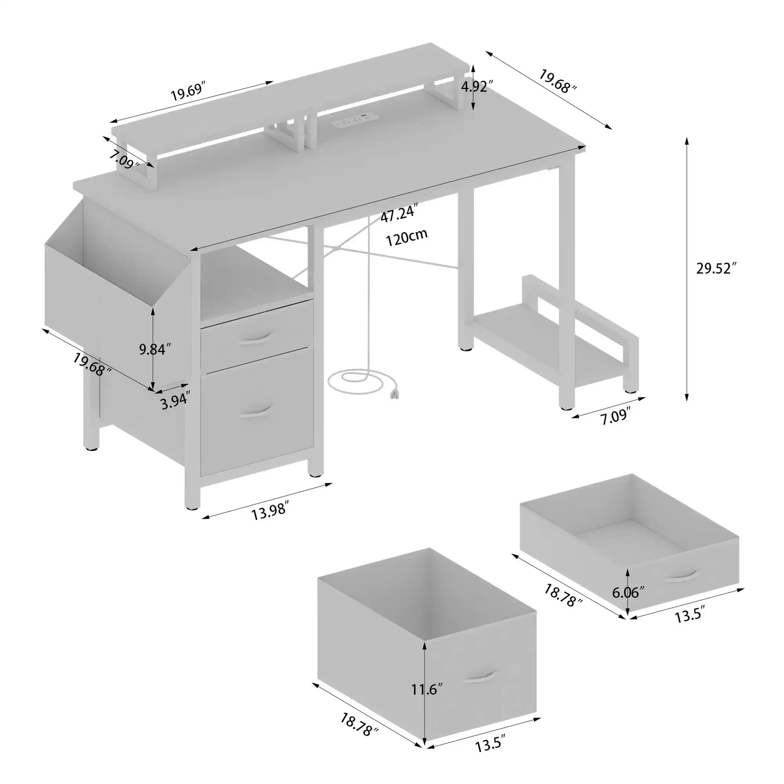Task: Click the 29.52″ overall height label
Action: click(x=716, y=269)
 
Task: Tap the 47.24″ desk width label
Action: click(x=399, y=214)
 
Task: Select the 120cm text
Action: click(x=407, y=238)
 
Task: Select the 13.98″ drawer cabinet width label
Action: click(x=270, y=512)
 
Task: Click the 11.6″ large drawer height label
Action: click(x=427, y=689)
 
